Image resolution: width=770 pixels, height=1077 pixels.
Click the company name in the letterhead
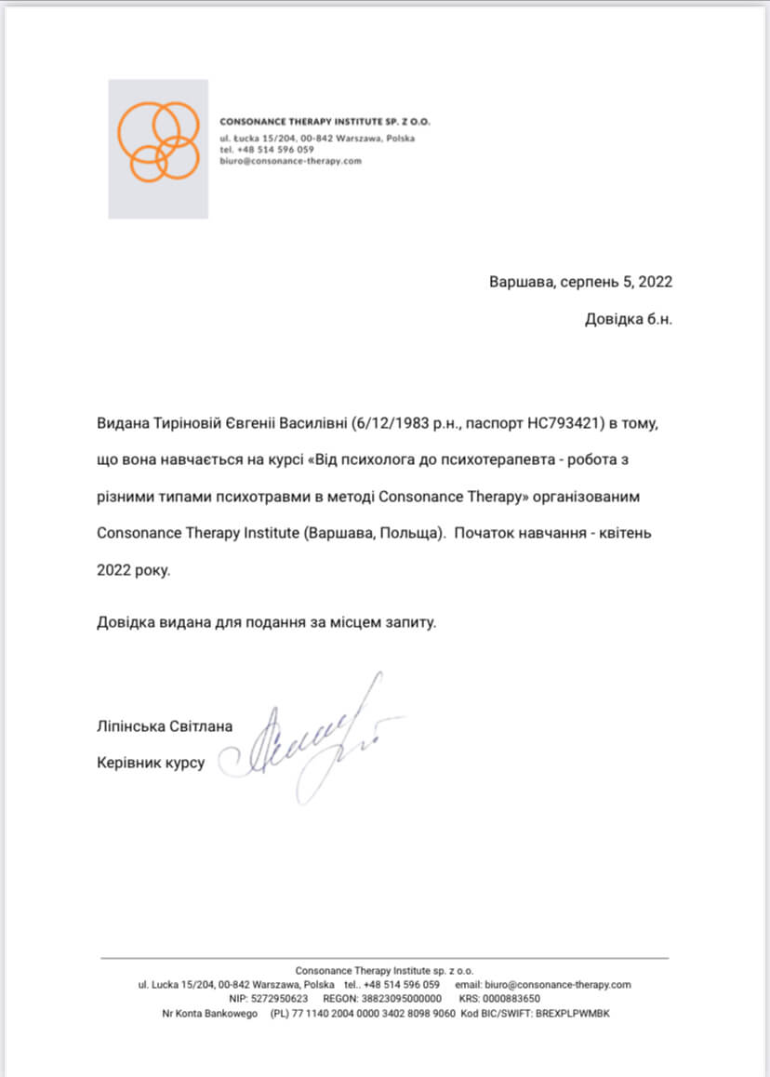click(325, 122)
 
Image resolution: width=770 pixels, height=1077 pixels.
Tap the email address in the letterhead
click(290, 161)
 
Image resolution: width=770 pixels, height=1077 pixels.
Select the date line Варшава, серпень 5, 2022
click(580, 282)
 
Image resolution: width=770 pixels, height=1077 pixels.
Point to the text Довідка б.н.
click(628, 319)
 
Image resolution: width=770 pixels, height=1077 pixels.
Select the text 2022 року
click(134, 570)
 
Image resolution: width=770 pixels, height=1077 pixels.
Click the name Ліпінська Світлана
click(165, 725)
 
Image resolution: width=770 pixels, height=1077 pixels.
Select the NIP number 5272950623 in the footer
click(279, 999)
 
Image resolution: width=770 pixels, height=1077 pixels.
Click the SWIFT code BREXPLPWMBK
click(571, 1013)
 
